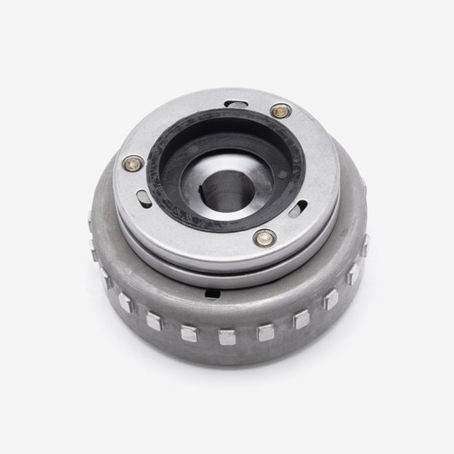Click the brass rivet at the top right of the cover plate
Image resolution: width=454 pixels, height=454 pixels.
[x=278, y=110]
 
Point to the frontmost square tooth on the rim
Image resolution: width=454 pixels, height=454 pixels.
[x=227, y=336]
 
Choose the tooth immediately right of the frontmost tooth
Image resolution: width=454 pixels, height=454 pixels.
[x=265, y=331]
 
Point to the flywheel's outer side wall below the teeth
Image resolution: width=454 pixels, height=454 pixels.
[x=230, y=366]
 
